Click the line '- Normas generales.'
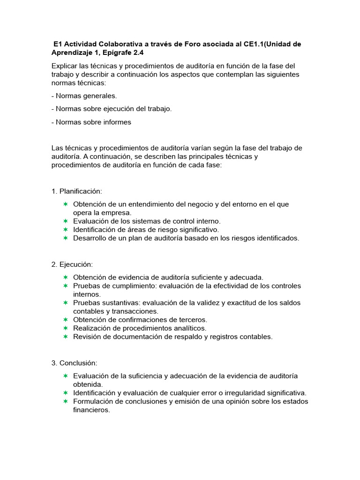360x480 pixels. [84, 96]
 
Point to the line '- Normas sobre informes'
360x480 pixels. [91, 122]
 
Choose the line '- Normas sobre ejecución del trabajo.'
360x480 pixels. [112, 109]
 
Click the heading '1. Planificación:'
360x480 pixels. [76, 191]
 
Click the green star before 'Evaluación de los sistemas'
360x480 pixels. [66, 221]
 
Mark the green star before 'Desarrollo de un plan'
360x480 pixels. [66, 238]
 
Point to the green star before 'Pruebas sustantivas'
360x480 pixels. [66, 303]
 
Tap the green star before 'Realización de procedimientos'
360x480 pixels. [66, 328]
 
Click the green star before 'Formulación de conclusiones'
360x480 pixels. [66, 402]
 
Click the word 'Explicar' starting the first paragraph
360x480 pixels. [66, 66]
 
